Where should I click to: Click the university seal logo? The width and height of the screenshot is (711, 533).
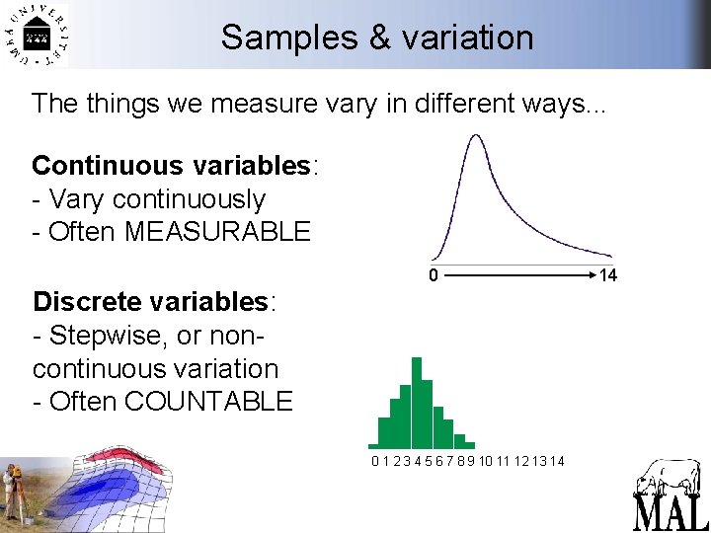point(38,36)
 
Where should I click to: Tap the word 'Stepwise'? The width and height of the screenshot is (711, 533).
point(108,335)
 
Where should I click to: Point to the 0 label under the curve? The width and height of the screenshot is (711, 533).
point(433,275)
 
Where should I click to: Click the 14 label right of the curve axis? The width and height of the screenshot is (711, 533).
point(608,275)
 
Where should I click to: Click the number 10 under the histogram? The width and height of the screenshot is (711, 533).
point(487,461)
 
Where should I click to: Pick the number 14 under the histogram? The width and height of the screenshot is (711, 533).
point(557,461)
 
